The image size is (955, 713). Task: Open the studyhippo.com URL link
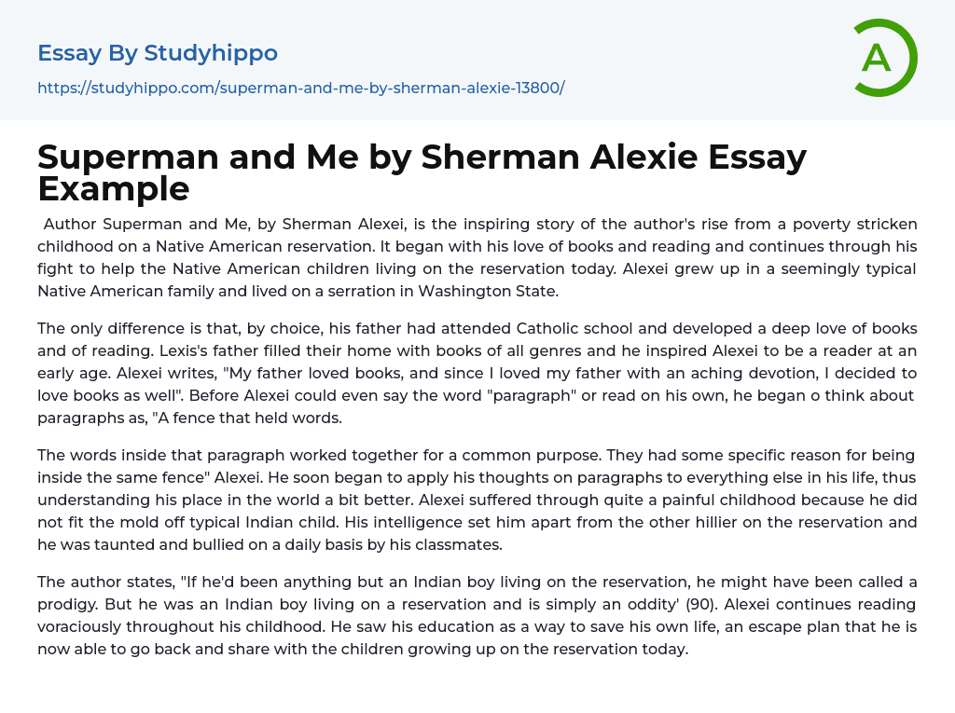[300, 89]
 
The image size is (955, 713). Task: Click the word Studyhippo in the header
[211, 53]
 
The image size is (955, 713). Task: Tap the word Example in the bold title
[113, 188]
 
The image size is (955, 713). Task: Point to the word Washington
[464, 291]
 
